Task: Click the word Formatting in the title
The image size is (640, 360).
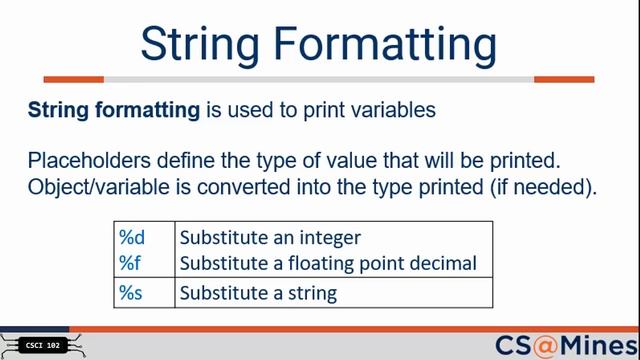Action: pyautogui.click(x=394, y=43)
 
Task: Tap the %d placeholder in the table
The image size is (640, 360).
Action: pyautogui.click(x=132, y=238)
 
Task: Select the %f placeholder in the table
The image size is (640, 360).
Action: pyautogui.click(x=131, y=263)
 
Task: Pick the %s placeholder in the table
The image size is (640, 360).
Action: pyautogui.click(x=132, y=293)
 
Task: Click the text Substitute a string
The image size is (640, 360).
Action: pyautogui.click(x=257, y=293)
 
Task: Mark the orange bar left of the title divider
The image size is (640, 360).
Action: pyautogui.click(x=74, y=79)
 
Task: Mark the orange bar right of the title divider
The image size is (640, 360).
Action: pyautogui.click(x=564, y=79)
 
